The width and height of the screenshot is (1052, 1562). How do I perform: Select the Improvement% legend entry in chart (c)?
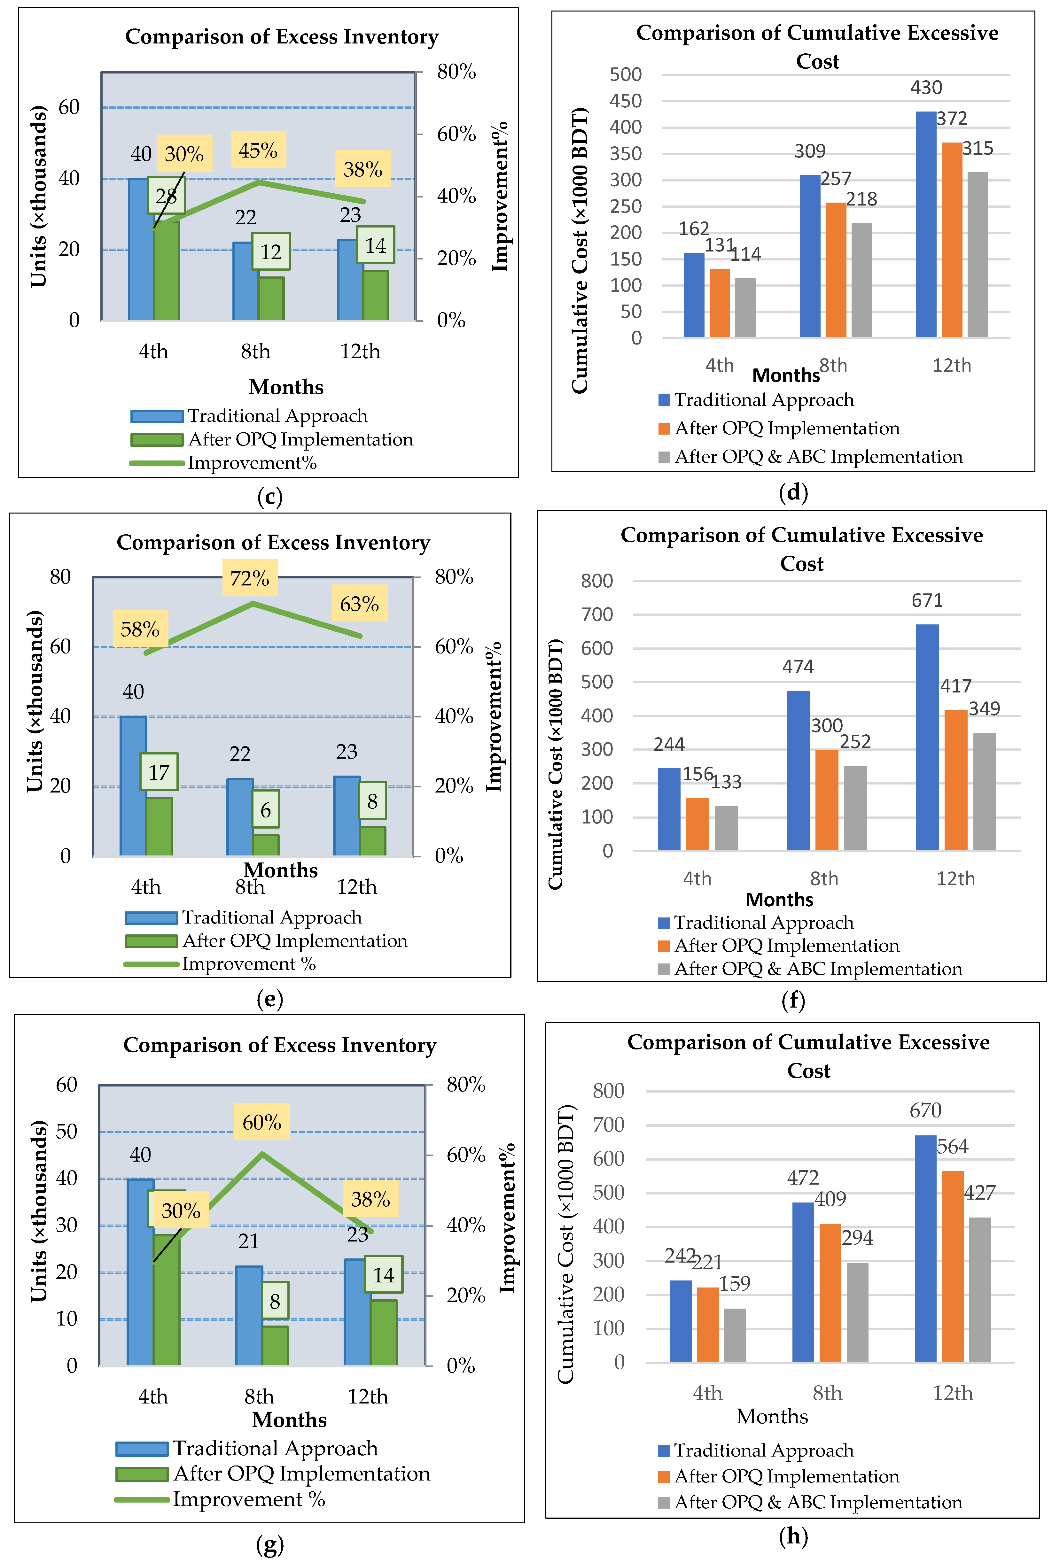coord(252,463)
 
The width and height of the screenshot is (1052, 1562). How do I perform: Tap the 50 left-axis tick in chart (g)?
coord(66,1132)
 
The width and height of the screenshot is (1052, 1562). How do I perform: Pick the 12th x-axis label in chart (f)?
coord(955,878)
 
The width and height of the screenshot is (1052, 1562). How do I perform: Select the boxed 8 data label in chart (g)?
coord(275,1302)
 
